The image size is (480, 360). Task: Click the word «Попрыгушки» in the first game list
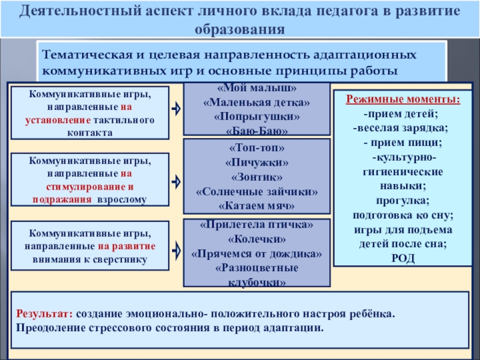click(256, 115)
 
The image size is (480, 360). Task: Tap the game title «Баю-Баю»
click(257, 129)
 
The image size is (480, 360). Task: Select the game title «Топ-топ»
click(256, 148)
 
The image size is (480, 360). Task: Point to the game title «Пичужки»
click(256, 162)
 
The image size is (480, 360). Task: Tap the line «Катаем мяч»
click(256, 205)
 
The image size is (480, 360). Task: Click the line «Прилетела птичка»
click(256, 225)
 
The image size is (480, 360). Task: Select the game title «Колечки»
click(256, 239)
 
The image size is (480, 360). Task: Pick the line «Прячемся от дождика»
click(256, 254)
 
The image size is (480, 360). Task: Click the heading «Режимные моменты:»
click(403, 100)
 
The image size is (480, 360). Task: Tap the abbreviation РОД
click(402, 258)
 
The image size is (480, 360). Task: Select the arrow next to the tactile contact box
click(176, 109)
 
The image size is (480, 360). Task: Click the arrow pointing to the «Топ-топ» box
click(176, 180)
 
